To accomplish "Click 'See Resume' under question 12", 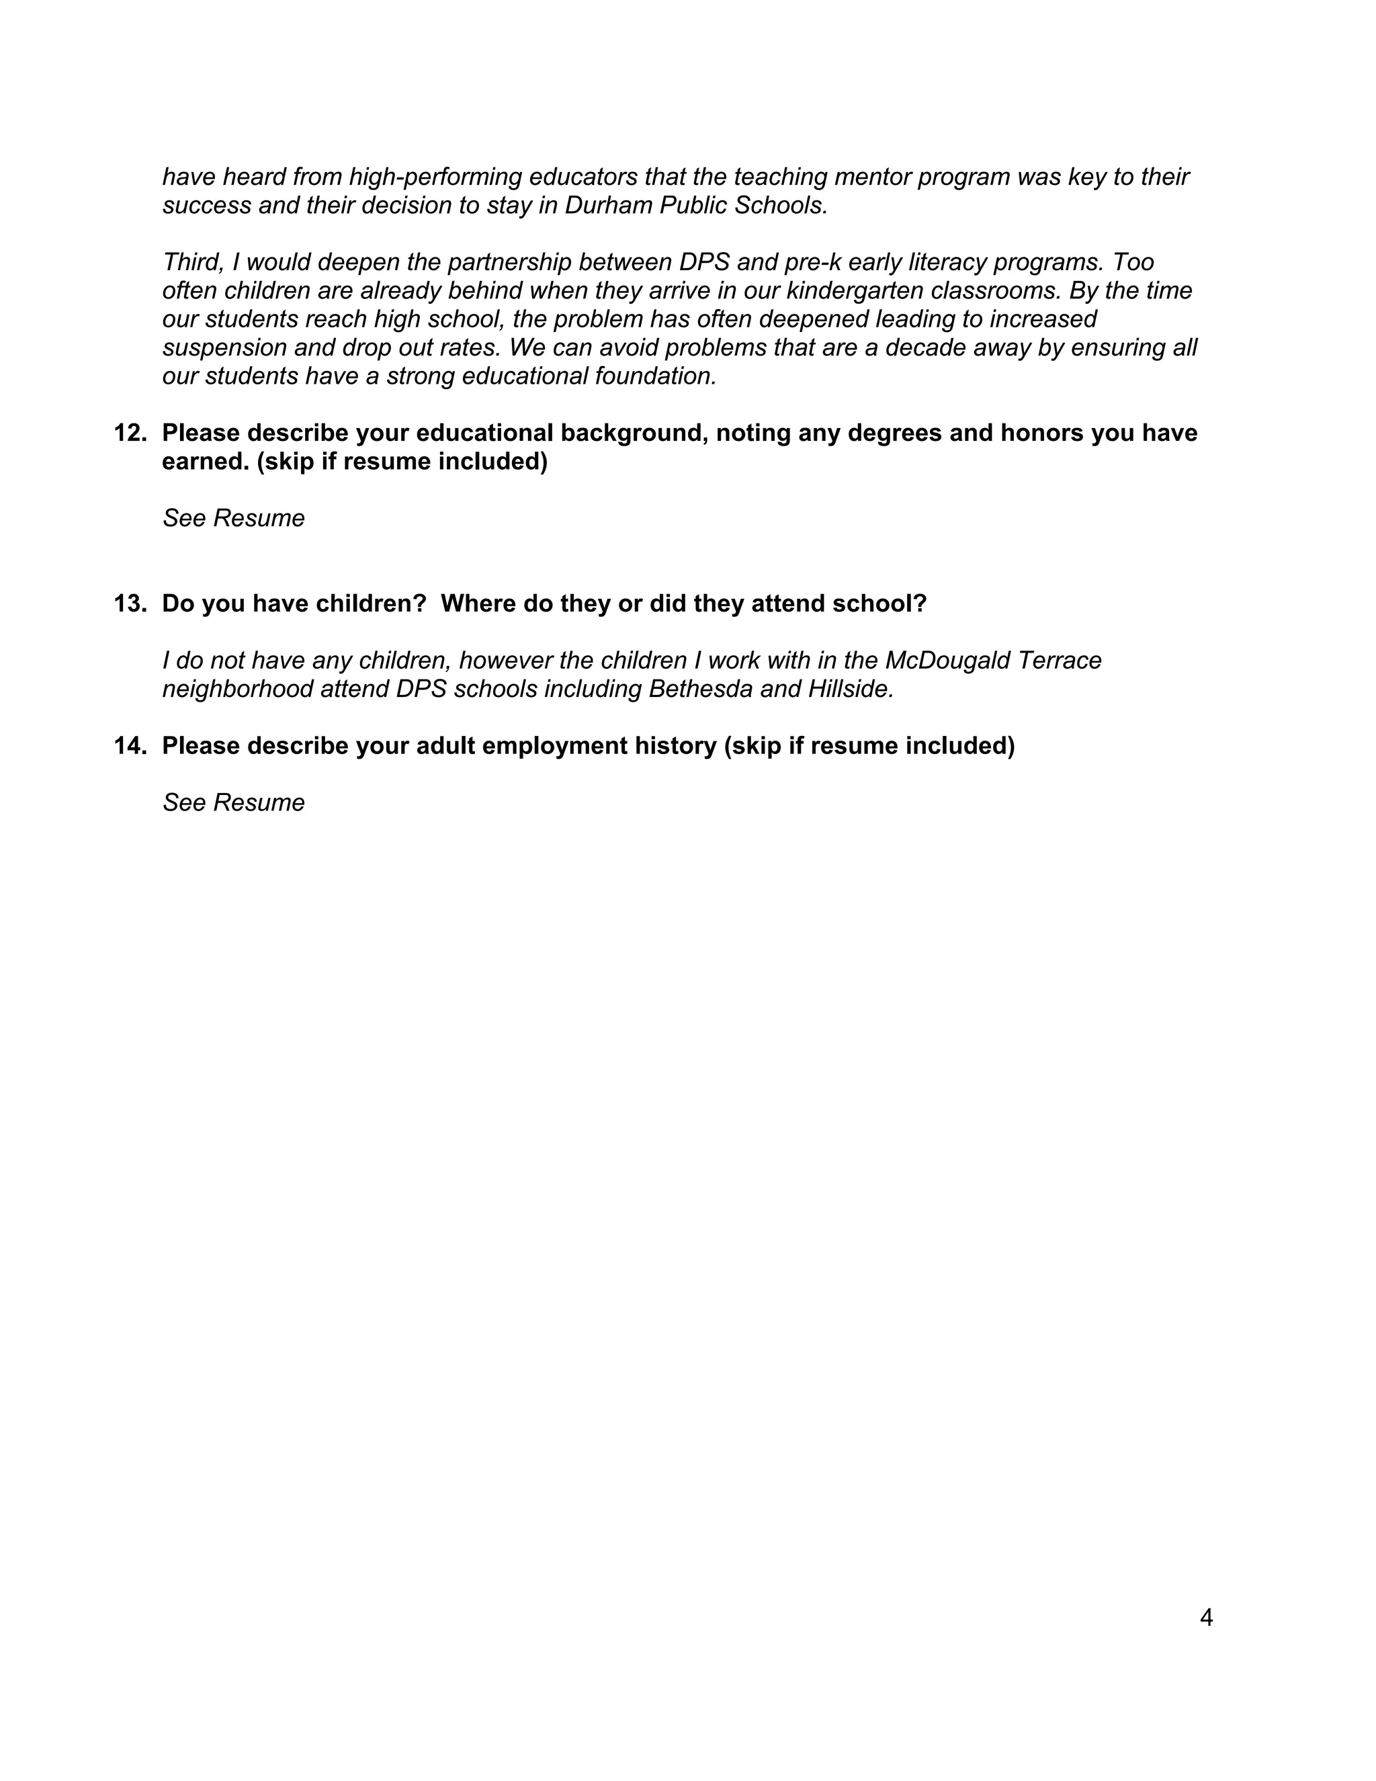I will tap(233, 519).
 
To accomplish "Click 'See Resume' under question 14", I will tap(233, 803).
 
